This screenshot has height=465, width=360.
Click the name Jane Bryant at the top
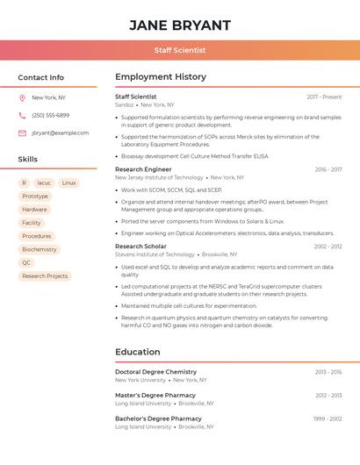point(180,25)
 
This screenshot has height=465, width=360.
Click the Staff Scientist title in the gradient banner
point(180,50)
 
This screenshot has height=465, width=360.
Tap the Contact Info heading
point(41,77)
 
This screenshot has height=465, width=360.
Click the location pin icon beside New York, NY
point(22,98)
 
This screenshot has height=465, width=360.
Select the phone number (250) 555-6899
point(50,115)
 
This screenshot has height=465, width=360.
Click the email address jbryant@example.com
point(60,132)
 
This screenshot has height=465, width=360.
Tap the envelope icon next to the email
point(22,133)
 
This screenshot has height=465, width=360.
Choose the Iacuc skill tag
point(44,182)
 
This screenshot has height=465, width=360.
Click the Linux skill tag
point(69,182)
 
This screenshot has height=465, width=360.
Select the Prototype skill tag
point(35,196)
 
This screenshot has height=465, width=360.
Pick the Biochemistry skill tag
point(40,249)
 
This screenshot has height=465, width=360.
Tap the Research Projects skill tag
point(45,275)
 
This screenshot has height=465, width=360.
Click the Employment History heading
point(161,77)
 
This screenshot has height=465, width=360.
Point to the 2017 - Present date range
point(324,97)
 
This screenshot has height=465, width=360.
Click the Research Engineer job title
point(143,169)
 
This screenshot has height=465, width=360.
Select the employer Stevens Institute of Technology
point(155,254)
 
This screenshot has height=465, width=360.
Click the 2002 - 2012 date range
point(328,247)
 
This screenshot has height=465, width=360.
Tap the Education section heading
point(138,352)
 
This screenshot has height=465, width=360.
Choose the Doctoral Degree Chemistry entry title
point(155,372)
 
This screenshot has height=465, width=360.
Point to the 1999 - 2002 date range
point(328,419)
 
